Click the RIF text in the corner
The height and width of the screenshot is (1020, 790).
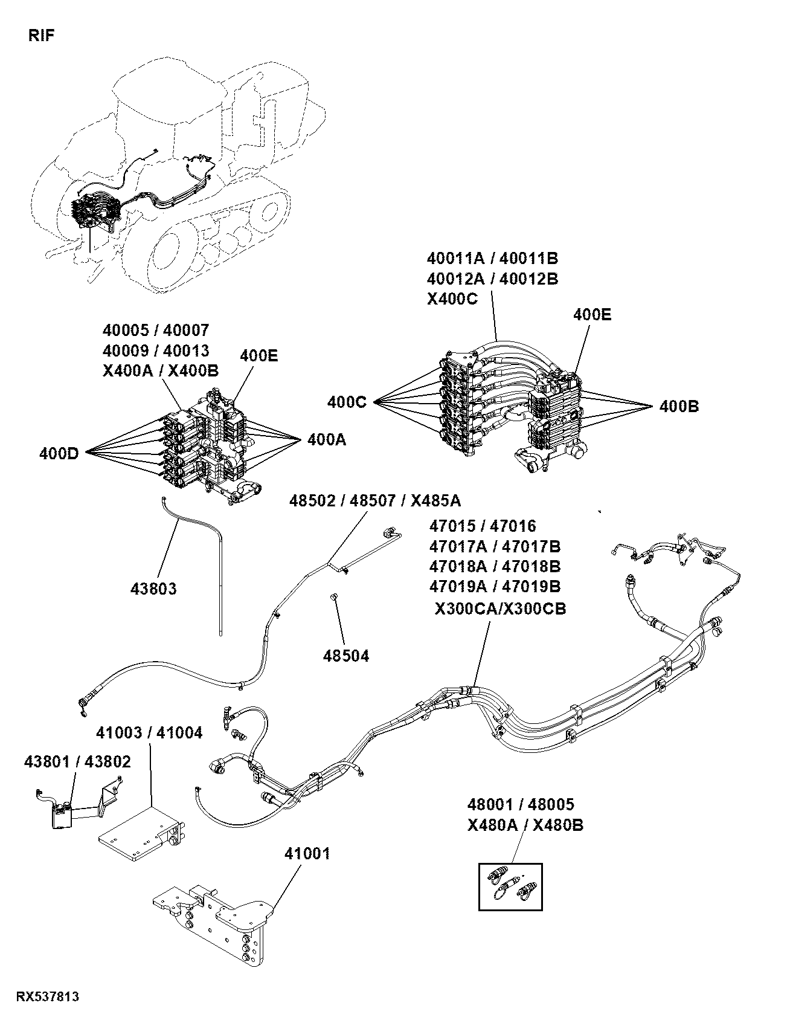[x=42, y=36]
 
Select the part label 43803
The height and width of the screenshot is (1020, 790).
[x=154, y=588]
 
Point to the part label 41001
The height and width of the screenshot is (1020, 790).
[x=307, y=854]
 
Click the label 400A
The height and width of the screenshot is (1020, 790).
[x=327, y=440]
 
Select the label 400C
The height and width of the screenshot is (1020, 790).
[x=347, y=402]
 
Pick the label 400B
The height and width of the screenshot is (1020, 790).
[x=679, y=407]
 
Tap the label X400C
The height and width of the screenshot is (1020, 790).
[x=452, y=299]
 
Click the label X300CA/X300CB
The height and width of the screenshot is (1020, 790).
[x=501, y=609]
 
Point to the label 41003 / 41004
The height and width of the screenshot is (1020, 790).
[x=150, y=733]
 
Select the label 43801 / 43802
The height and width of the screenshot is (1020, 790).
[x=77, y=762]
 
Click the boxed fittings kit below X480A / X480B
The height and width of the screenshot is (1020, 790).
[x=511, y=886]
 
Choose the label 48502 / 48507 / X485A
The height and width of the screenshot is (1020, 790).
[x=375, y=500]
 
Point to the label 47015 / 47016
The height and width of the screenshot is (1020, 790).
[x=483, y=526]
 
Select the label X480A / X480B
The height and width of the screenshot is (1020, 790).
[x=525, y=825]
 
